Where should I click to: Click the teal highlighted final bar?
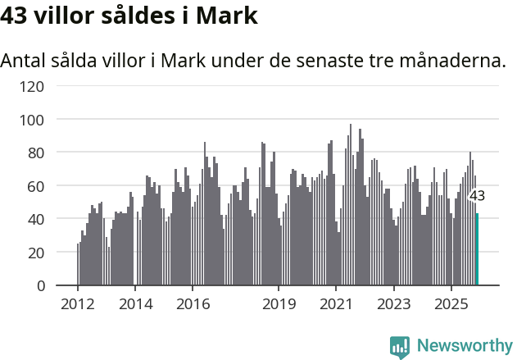pos(477,249)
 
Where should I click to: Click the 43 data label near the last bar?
pos(476,196)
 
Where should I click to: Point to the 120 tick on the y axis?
pos(34,86)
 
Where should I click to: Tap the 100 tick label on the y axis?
pos(34,120)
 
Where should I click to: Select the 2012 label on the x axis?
pos(78,304)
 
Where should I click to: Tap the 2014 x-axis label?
pos(135,304)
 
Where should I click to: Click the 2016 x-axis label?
pos(193,304)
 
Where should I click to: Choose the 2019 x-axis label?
pos(279,304)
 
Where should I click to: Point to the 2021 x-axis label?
pos(336,304)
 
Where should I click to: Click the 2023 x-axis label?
pos(393,304)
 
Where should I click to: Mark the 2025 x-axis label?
pos(451,304)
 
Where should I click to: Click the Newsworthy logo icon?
pos(400,347)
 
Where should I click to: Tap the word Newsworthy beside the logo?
pos(465,346)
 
